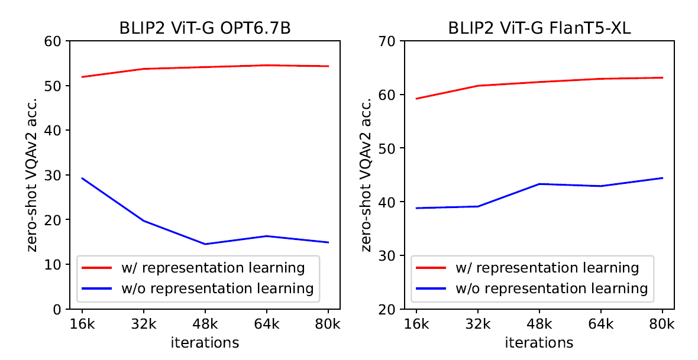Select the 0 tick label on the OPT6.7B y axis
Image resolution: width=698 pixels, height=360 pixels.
[58, 309]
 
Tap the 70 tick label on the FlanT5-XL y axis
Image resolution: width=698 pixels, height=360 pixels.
[389, 41]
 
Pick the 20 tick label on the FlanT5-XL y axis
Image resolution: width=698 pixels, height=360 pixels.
[389, 309]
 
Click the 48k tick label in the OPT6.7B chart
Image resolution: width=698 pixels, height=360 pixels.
[205, 324]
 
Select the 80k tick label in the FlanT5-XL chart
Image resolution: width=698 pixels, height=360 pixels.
[663, 324]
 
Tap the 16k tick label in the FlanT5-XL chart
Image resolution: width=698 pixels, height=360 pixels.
[416, 324]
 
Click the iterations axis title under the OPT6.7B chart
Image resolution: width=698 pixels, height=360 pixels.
[205, 342]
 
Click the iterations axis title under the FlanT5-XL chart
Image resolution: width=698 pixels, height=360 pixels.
[539, 342]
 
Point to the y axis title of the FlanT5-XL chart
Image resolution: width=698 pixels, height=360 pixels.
[367, 175]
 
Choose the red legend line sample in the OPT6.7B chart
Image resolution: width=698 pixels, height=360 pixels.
[98, 268]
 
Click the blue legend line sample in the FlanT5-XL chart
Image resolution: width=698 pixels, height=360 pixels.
[432, 288]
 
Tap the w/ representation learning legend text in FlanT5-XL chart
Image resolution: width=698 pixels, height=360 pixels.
[547, 268]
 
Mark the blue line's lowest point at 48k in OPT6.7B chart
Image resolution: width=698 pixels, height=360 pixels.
[205, 244]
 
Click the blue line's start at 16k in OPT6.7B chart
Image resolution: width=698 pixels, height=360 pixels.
[82, 178]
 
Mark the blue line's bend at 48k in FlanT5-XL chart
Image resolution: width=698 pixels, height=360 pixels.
[539, 184]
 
